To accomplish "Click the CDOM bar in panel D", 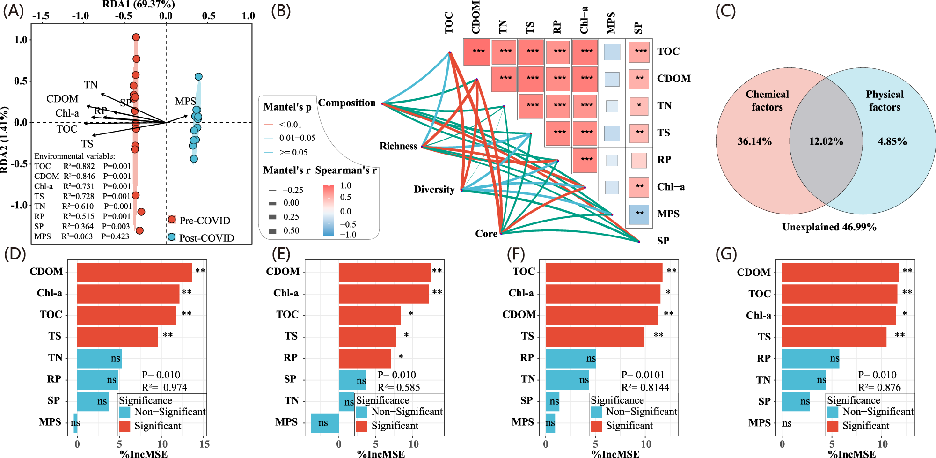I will [134, 272].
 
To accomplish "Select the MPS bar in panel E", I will [325, 423].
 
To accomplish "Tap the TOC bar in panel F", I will [604, 272].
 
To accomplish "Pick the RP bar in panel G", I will [810, 358].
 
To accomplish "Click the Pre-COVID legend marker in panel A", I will [172, 220].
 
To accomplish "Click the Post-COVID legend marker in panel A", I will [172, 237].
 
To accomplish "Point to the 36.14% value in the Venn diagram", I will [754, 141].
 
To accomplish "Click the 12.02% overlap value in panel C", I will [826, 141].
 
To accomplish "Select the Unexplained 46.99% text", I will [829, 227].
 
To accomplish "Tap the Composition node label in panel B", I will [347, 103].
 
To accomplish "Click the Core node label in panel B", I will [486, 234].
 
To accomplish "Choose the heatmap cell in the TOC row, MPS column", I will [612, 52].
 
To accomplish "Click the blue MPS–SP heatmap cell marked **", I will [639, 214].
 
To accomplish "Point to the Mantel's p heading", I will [287, 107].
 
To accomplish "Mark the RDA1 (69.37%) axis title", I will [139, 5].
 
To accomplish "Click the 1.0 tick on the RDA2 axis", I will [21, 40].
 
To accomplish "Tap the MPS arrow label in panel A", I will [185, 101].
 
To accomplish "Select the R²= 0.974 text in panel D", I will [164, 387].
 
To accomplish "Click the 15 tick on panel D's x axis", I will [204, 444].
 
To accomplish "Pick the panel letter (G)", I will [726, 254].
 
